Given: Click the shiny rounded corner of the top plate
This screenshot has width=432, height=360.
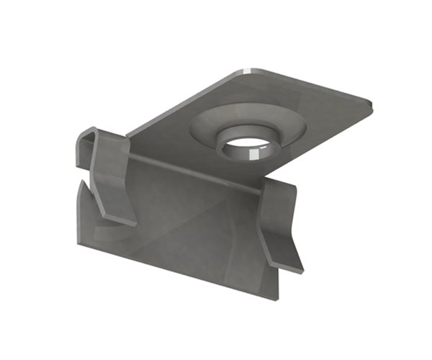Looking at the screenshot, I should pos(248,71).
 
